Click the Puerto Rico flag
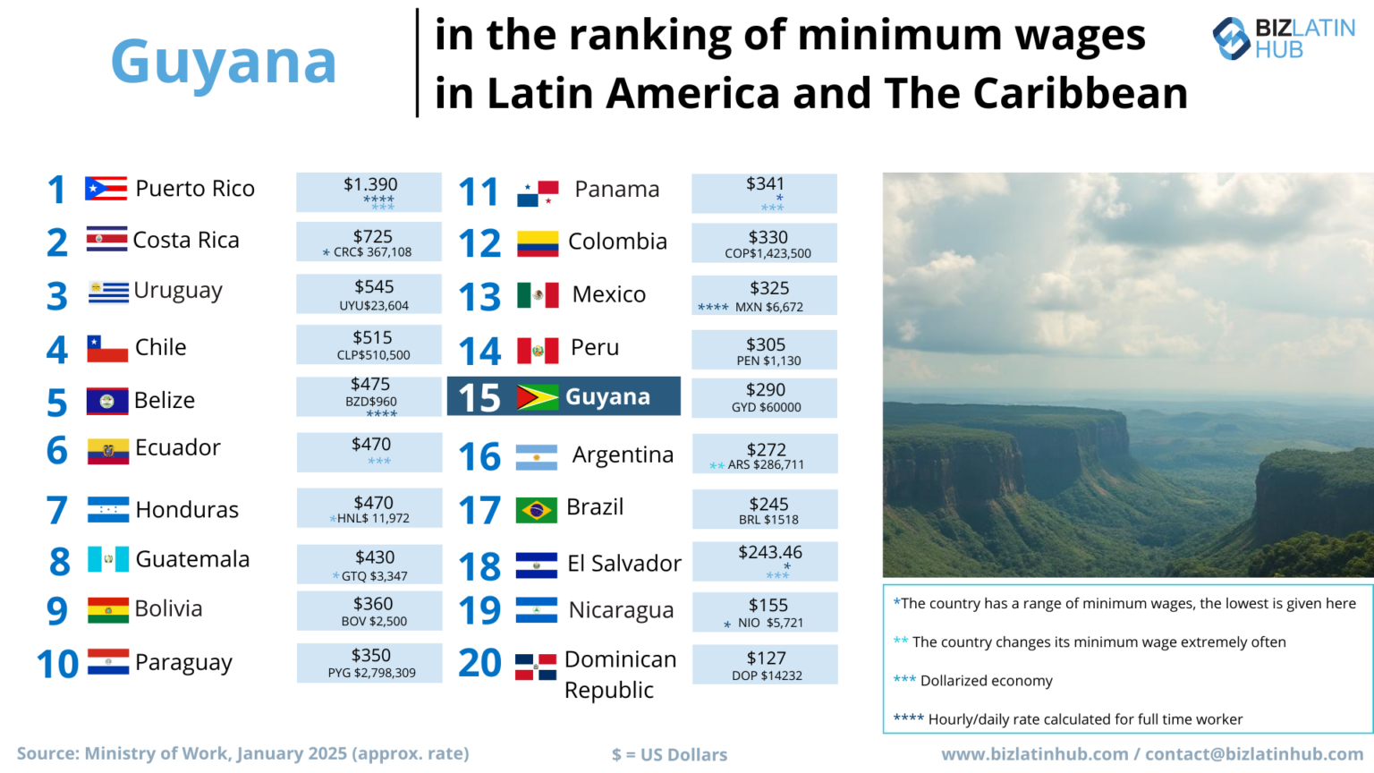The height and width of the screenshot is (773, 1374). [106, 188]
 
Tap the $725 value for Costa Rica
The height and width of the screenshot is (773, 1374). [372, 236]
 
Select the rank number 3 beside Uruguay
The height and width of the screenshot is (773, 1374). [56, 296]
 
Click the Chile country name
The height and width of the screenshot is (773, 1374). [161, 347]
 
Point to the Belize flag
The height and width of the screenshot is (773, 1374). [107, 401]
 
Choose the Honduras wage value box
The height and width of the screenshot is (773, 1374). [369, 508]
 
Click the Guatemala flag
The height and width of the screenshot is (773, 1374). [108, 559]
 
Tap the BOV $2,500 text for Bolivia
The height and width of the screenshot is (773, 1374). [373, 621]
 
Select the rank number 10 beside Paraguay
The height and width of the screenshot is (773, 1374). [58, 664]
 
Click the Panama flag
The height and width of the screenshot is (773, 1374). [538, 192]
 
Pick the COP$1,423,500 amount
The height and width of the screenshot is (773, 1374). [768, 253]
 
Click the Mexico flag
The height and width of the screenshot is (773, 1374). [538, 295]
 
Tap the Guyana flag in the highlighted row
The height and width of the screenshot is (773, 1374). [538, 397]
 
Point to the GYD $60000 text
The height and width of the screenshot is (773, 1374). [767, 407]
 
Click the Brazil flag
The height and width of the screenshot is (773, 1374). [537, 510]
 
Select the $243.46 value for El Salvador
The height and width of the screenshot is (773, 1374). [770, 552]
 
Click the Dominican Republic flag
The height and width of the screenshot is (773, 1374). [536, 667]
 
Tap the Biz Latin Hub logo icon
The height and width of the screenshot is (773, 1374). [1231, 38]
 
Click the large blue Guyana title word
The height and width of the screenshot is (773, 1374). [224, 63]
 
